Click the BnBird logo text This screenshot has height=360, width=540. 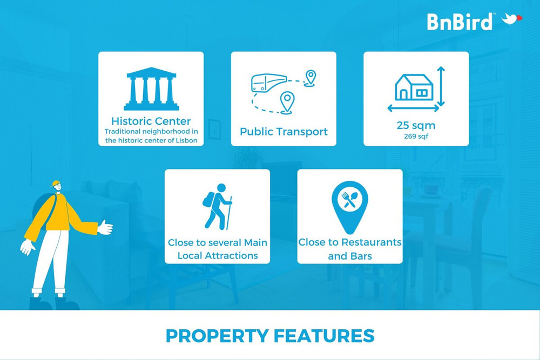click(460, 22)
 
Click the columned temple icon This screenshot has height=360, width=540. click(151, 89)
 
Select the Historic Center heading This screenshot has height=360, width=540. click(151, 121)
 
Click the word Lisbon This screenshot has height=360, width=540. click(186, 140)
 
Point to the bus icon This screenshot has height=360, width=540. click(268, 83)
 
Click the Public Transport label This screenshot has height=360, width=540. click(283, 132)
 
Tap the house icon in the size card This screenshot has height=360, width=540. click(414, 87)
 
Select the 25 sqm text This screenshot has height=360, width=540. click(416, 125)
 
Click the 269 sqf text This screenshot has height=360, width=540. click(416, 137)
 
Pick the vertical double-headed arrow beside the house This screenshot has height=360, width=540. click(441, 86)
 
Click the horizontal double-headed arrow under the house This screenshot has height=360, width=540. click(413, 108)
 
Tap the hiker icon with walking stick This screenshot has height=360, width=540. click(218, 207)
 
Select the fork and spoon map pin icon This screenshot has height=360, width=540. click(349, 207)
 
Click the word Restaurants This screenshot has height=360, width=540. click(372, 242)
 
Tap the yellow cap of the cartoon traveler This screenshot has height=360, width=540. click(55, 184)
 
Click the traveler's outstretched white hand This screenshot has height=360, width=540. click(105, 227)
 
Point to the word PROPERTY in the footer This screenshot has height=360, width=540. click(217, 336)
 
